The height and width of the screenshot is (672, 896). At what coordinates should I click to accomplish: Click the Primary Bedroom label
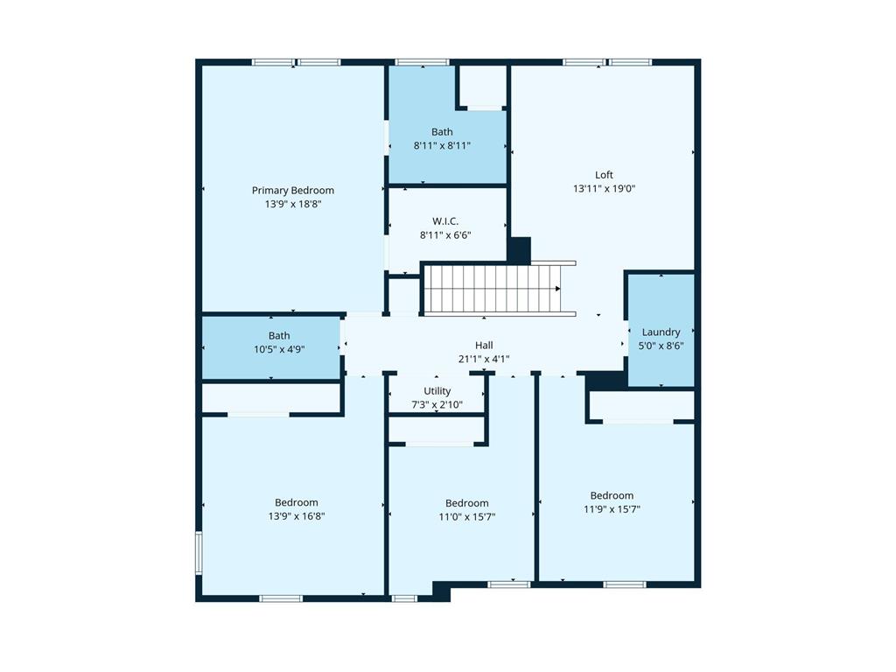292,190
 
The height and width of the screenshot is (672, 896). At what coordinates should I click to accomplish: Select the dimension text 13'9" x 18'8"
292,205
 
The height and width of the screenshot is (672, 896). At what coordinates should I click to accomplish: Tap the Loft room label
604,175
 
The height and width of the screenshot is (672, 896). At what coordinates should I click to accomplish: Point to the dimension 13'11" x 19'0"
604,189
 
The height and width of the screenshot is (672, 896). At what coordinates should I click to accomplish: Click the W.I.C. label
445,221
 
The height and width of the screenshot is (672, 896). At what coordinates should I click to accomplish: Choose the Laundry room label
661,332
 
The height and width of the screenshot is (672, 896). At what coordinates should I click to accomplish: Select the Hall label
484,345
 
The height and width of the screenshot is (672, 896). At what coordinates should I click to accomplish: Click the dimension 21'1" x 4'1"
484,359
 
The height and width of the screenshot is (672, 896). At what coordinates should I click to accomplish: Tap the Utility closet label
437,390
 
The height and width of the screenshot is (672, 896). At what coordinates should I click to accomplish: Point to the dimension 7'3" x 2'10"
437,404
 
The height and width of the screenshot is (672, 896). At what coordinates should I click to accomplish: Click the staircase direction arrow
556,288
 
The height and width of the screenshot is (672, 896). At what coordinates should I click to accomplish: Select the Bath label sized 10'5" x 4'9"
279,335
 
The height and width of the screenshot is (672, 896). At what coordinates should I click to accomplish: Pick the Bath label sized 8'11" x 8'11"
442,132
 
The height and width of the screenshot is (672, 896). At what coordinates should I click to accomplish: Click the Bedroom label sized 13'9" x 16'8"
296,502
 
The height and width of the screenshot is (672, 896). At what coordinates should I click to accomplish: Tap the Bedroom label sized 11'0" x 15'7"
466,503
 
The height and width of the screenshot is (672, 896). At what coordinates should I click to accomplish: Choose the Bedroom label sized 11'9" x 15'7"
611,495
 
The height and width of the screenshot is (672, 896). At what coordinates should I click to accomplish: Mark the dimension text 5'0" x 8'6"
661,346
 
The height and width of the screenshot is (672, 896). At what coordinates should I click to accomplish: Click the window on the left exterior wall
199,553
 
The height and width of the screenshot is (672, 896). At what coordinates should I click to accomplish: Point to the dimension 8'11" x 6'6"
445,235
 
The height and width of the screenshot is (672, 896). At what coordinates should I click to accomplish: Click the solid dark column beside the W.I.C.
519,250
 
